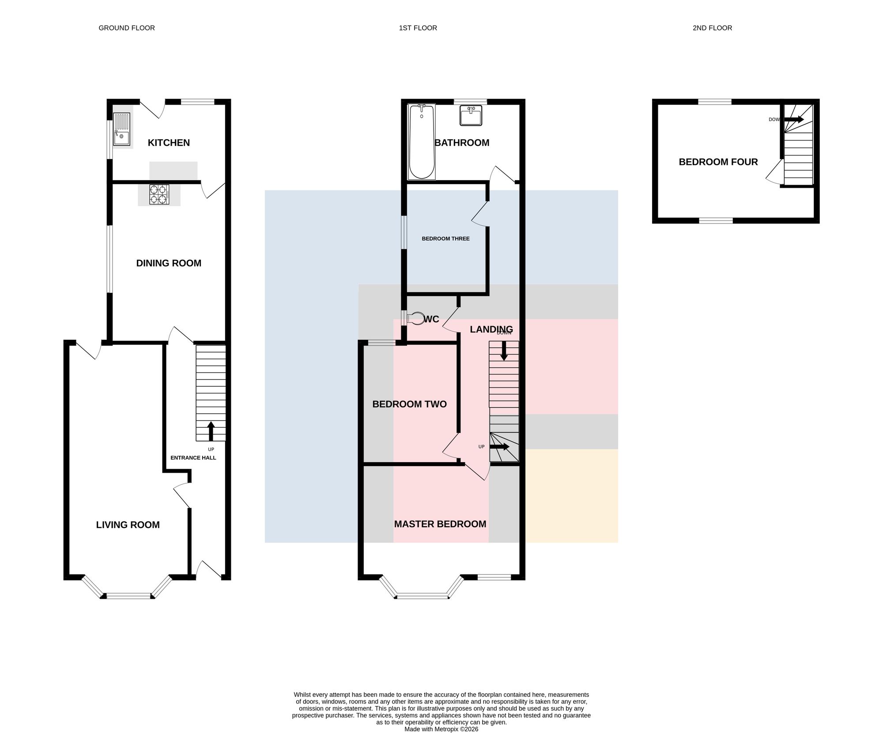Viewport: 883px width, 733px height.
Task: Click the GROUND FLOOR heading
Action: pyautogui.click(x=127, y=28)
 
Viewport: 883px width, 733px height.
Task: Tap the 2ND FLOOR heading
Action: pyautogui.click(x=712, y=28)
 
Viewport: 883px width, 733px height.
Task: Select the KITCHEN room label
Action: pyautogui.click(x=169, y=143)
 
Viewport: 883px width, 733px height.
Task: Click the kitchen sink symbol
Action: pyautogui.click(x=122, y=129)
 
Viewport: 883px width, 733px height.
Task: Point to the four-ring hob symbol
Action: pyautogui.click(x=159, y=194)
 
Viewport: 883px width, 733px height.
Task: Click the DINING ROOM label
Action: pyautogui.click(x=169, y=263)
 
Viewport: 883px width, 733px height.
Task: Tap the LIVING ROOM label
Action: pyautogui.click(x=128, y=525)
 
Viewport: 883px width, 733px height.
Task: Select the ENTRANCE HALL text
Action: pyautogui.click(x=193, y=458)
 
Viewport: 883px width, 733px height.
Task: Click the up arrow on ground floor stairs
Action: pyautogui.click(x=211, y=431)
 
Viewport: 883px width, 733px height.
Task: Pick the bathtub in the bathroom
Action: pyautogui.click(x=422, y=142)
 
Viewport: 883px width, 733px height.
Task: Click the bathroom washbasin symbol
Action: pyautogui.click(x=471, y=116)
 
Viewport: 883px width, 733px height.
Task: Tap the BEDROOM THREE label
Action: pyautogui.click(x=445, y=239)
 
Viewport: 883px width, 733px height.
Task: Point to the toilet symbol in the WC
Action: pyautogui.click(x=415, y=319)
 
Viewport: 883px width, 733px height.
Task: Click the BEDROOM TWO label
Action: pyautogui.click(x=410, y=404)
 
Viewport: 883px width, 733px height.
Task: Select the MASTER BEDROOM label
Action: pyautogui.click(x=440, y=524)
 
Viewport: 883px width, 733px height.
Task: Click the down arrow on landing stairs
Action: pyautogui.click(x=504, y=351)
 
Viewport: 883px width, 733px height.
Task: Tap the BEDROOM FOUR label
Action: pyautogui.click(x=718, y=162)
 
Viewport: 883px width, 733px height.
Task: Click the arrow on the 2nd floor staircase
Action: pyautogui.click(x=794, y=119)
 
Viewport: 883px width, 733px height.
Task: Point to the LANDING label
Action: pyautogui.click(x=491, y=330)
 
